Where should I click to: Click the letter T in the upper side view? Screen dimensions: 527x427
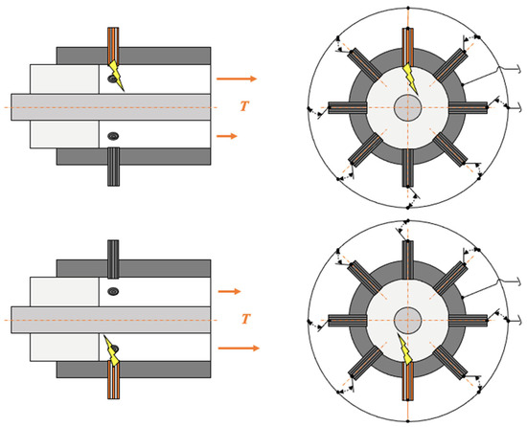(244, 106)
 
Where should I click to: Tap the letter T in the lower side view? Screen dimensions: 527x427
(246, 319)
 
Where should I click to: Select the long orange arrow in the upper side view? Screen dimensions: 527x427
(237, 79)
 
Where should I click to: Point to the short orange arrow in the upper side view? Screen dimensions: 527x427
(227, 136)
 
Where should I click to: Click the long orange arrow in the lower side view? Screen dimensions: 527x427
(239, 348)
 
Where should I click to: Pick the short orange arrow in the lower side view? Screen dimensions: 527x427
(230, 291)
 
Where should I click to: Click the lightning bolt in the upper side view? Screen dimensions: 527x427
(116, 76)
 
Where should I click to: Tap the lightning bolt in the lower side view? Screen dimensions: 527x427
(112, 350)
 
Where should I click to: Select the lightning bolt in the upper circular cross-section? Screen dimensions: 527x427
(411, 79)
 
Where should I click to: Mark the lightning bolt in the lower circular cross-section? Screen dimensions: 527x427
(404, 349)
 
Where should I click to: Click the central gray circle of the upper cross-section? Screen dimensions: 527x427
(407, 107)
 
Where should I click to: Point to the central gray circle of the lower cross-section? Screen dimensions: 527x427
(407, 320)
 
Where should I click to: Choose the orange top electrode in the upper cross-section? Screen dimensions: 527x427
(407, 47)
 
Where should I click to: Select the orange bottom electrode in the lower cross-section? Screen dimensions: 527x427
(407, 382)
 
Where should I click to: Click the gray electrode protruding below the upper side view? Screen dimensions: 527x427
(113, 167)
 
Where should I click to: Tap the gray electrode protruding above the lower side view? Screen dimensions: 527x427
(113, 259)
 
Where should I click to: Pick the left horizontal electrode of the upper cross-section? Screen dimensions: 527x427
(347, 107)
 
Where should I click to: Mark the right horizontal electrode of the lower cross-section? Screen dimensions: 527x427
(469, 320)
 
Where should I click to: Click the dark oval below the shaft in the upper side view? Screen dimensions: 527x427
(113, 136)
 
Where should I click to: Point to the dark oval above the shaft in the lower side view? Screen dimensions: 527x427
(113, 291)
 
